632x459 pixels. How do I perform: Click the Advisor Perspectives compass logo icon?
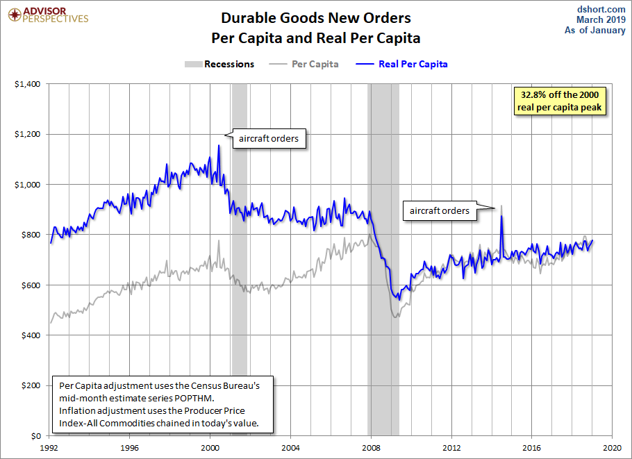(x=15, y=15)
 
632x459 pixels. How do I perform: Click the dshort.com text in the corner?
(x=601, y=9)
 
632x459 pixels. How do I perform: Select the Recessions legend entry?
(x=219, y=64)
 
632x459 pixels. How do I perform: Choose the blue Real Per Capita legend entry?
(x=401, y=64)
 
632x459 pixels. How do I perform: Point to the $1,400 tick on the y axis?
(x=27, y=84)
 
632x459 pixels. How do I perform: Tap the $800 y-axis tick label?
(x=31, y=235)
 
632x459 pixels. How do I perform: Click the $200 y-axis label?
(x=31, y=385)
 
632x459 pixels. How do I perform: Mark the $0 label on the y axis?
(x=35, y=435)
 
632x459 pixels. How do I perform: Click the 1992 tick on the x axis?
(x=49, y=448)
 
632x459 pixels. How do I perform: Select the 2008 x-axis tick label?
(x=371, y=448)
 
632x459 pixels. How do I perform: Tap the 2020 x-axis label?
(x=613, y=448)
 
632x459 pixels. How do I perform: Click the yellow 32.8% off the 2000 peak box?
(x=560, y=101)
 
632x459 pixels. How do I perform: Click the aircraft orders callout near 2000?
(x=269, y=139)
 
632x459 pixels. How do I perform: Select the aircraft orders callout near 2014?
(x=440, y=211)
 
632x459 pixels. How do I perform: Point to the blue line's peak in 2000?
(x=219, y=146)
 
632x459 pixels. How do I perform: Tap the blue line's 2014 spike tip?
(x=501, y=216)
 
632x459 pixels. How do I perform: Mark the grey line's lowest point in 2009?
(x=395, y=317)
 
